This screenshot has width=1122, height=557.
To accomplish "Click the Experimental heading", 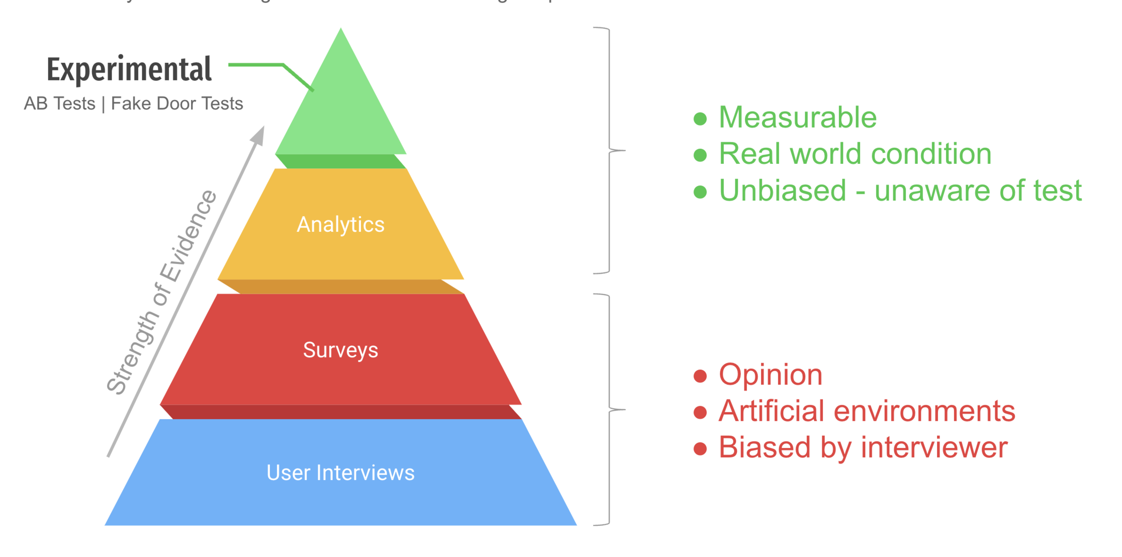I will click(x=129, y=69).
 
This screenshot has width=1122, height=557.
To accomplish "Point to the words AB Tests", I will click(x=59, y=104).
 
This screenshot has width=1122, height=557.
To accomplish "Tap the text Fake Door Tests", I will click(x=177, y=104).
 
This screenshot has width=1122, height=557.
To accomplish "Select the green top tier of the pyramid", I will click(x=341, y=111).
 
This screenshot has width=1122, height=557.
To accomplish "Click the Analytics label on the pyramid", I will click(x=340, y=224).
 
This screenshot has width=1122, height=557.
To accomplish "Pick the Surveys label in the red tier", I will click(x=340, y=350).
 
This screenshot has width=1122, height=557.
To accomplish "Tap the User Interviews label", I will click(x=340, y=473).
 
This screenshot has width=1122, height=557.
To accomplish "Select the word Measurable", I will click(x=798, y=118).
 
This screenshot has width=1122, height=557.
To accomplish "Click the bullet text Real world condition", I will click(x=855, y=154).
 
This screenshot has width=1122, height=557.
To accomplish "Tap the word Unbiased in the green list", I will click(x=783, y=191).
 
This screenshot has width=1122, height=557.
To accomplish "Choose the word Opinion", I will click(x=771, y=375).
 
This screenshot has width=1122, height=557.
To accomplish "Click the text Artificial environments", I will click(x=867, y=411).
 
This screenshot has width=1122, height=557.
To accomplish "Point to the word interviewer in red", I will click(x=934, y=447).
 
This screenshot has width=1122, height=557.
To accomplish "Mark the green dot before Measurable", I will click(x=700, y=119).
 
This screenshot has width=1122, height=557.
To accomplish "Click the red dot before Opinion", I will click(x=700, y=376).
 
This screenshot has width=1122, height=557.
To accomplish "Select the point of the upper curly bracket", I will click(x=623, y=150).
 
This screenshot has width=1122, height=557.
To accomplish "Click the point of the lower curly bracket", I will click(x=623, y=410).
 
